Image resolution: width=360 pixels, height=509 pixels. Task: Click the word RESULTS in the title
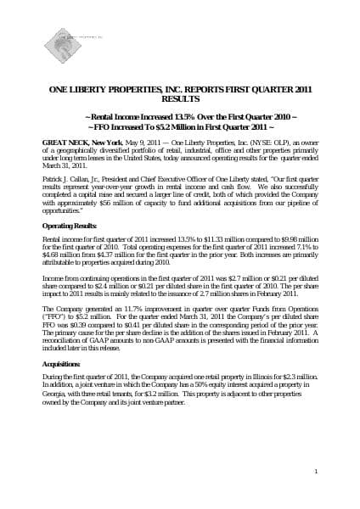178,98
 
